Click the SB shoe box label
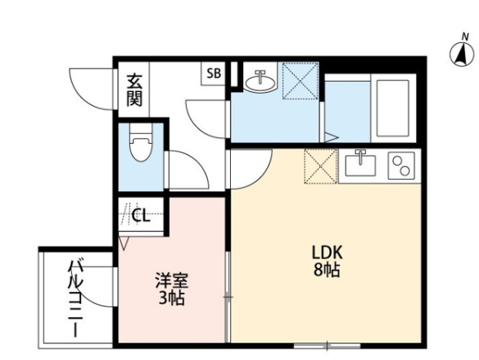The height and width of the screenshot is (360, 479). click(213, 74)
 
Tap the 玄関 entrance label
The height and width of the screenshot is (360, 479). click(134, 90)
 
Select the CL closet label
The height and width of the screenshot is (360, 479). click(141, 215)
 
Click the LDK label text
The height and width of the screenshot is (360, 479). click(327, 252)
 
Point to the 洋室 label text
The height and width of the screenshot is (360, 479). click(172, 281)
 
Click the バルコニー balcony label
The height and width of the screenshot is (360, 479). click(75, 299)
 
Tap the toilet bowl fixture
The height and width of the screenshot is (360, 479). click(141, 142)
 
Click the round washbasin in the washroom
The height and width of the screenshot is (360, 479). click(260, 81)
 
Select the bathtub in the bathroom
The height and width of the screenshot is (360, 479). click(392, 108)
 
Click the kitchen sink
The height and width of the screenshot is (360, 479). click(361, 165)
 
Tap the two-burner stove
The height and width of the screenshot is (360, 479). click(401, 166)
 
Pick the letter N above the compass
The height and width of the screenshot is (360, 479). click(465, 37)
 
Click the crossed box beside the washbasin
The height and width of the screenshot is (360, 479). click(300, 80)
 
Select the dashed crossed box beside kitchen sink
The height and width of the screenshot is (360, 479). click(321, 166)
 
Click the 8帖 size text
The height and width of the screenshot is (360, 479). click(327, 269)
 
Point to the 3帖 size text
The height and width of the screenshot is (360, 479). click(171, 298)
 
